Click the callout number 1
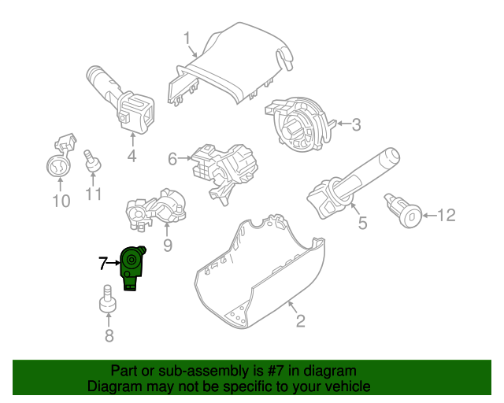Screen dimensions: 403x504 [187, 38]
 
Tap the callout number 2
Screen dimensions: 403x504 [300, 320]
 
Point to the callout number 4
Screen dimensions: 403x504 [132, 157]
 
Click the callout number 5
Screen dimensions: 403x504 [362, 224]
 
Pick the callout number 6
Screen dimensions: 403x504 [172, 160]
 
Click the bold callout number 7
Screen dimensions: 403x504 [102, 264]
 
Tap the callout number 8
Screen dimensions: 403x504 [109, 337]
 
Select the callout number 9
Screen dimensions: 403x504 [167, 246]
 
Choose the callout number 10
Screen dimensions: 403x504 [61, 201]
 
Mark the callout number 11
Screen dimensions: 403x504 [94, 194]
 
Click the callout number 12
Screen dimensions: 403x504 [446, 214]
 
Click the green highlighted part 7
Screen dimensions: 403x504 [132, 268]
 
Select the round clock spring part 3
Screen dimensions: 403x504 [299, 122]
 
